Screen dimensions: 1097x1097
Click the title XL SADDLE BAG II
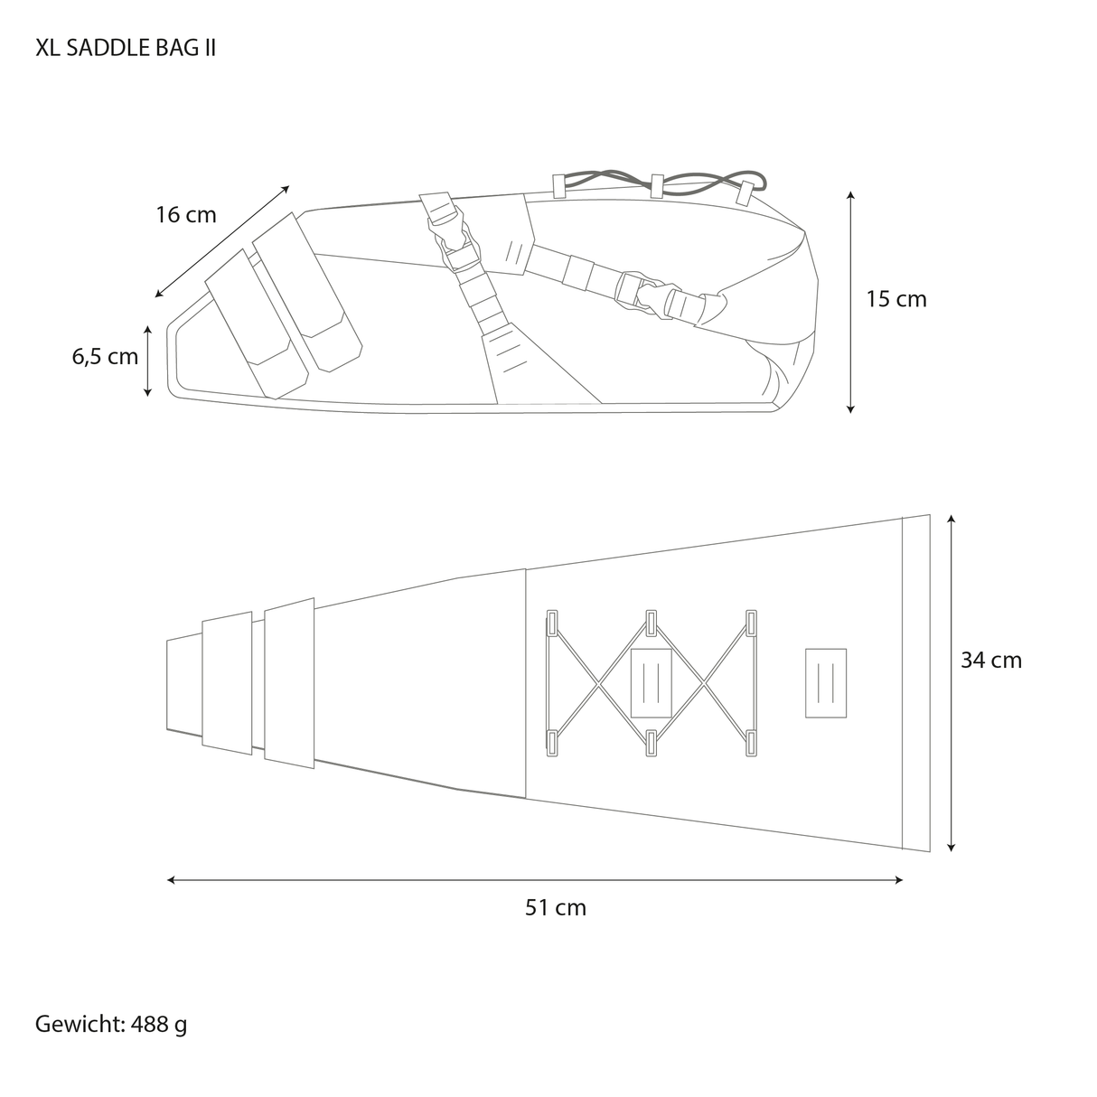pos(126,48)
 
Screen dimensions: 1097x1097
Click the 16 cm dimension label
pos(186,215)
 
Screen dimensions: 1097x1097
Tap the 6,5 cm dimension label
pos(105,356)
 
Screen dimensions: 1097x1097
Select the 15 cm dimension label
pos(896,299)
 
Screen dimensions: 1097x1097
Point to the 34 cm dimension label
pos(990,661)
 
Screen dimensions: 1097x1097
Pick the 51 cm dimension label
pos(556,907)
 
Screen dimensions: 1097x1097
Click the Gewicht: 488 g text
pos(111,1024)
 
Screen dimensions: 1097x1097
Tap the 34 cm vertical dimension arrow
pos(951,683)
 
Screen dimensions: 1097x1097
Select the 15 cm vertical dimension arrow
pos(850,302)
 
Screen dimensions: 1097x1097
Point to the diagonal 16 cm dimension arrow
pos(222,241)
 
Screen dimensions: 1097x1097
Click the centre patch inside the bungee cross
pos(651,682)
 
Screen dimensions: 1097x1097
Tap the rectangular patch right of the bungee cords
pos(825,683)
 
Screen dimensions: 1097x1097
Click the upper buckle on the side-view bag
pos(449,230)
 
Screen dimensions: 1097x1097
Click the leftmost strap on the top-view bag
pos(227,682)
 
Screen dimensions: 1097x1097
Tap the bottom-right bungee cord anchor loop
pos(751,743)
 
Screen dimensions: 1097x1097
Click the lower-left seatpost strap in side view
pos(248,322)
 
